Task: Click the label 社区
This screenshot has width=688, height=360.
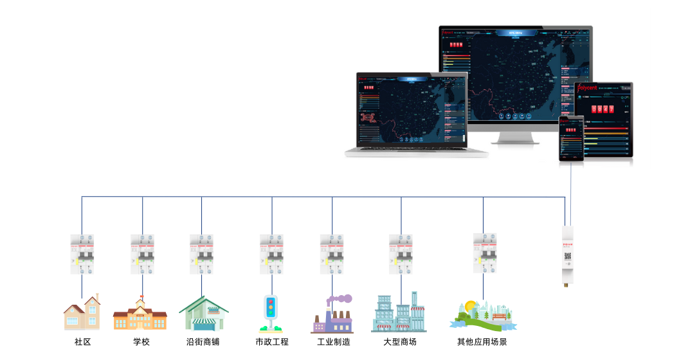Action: point(82,342)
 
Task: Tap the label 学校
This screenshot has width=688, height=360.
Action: point(141,342)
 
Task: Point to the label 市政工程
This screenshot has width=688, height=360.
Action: point(272,342)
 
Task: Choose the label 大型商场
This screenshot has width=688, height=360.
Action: point(400,342)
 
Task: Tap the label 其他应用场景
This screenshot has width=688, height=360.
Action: point(482,342)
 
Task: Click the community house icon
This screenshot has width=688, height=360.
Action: point(82,313)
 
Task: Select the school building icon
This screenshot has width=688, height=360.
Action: point(140,314)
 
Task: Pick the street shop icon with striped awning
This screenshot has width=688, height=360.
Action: point(203,314)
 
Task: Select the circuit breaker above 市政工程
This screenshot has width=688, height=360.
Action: point(271,254)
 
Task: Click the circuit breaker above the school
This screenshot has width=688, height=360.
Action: point(142,254)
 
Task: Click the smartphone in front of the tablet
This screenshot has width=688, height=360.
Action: point(571,139)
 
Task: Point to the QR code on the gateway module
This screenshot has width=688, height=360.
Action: point(568,255)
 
